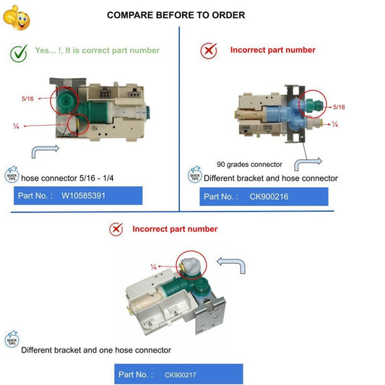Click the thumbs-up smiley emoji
16,18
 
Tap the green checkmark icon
19,53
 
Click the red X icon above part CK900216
209,51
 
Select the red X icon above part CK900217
116,229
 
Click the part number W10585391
83,196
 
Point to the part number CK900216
269,196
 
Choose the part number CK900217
181,375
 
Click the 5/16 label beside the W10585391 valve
27,99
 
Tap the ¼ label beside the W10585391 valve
16,126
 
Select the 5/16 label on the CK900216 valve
339,107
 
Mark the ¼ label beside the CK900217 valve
154,267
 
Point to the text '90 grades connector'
249,164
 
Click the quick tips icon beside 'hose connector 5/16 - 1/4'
12,174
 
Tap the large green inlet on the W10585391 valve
66,100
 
